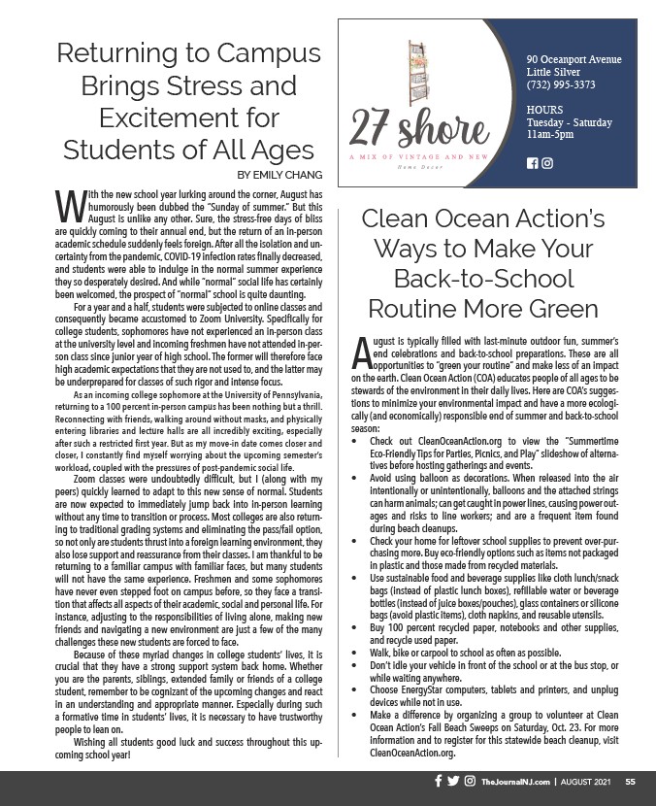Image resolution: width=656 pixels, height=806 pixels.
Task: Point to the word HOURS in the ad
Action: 545,110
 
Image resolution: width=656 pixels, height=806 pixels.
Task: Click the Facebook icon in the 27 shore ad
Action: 532,162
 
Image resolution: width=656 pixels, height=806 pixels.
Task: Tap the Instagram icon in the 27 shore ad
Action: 547,162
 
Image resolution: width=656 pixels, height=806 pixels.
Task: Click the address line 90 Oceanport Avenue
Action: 574,59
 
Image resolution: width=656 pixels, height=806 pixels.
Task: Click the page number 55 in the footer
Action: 630,781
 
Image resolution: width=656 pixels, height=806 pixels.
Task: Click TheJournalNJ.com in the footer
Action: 516,781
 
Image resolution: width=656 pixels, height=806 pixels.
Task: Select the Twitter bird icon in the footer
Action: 453,781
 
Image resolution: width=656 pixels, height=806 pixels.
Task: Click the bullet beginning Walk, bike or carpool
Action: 451,654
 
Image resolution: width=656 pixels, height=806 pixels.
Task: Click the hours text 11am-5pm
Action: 549,135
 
